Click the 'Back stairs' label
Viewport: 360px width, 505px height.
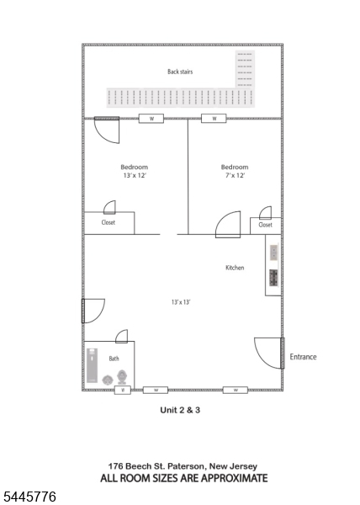coord(180,72)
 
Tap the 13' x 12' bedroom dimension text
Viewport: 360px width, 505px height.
coord(135,176)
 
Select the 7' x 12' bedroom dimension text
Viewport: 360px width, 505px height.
coord(236,176)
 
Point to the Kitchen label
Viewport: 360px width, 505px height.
coord(235,268)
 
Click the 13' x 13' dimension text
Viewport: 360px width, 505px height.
coord(181,302)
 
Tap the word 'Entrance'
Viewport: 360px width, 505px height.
coord(303,357)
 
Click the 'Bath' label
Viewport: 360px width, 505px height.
coord(114,359)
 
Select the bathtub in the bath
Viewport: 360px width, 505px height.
coord(92,365)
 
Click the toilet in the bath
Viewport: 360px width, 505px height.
coord(122,377)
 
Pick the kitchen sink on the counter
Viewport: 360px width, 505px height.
coord(273,252)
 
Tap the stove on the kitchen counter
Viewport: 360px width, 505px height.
coord(273,277)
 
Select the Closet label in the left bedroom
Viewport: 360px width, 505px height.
coord(109,222)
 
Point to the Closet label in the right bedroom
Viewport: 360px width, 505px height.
coord(266,225)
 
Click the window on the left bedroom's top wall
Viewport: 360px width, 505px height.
coord(151,119)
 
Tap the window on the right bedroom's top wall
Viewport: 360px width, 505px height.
coord(214,119)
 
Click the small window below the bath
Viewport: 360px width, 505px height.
coord(123,390)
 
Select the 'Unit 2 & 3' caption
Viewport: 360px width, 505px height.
coord(180,410)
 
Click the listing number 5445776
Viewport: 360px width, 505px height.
coord(29,497)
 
